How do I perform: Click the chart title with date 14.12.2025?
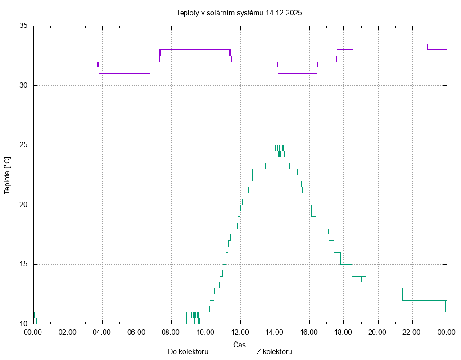pyautogui.click(x=239, y=13)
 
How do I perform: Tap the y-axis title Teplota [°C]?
pyautogui.click(x=7, y=175)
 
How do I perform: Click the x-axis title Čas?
pyautogui.click(x=239, y=345)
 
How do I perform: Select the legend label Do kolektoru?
pyautogui.click(x=188, y=352)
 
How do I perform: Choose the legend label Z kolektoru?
pyautogui.click(x=274, y=352)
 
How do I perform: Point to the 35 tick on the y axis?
pyautogui.click(x=24, y=26)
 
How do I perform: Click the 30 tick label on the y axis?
pyautogui.click(x=24, y=85)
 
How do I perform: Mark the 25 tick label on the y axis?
pyautogui.click(x=24, y=145)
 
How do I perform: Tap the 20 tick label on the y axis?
pyautogui.click(x=24, y=205)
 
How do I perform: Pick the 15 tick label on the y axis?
pyautogui.click(x=24, y=264)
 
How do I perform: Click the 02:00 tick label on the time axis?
pyautogui.click(x=68, y=332)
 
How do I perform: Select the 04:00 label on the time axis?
pyautogui.click(x=102, y=332)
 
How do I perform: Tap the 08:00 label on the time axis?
pyautogui.click(x=171, y=332)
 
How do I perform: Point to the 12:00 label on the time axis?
pyautogui.click(x=240, y=332)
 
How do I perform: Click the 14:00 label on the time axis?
pyautogui.click(x=275, y=332)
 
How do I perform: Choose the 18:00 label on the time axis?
pyautogui.click(x=343, y=332)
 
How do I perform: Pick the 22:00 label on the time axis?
pyautogui.click(x=412, y=332)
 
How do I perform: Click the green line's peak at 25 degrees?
pyautogui.click(x=280, y=145)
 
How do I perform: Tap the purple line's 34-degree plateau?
pyautogui.click(x=389, y=38)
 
